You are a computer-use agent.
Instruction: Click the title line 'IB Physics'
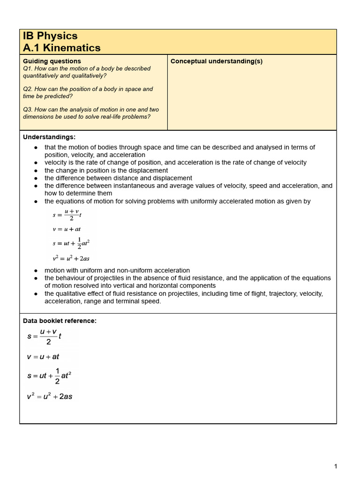pyautogui.click(x=50, y=36)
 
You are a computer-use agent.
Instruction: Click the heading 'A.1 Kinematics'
pyautogui.click(x=61, y=48)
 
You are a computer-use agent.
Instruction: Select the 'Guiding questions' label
pyautogui.click(x=52, y=61)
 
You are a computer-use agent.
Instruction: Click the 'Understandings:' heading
pyautogui.click(x=49, y=137)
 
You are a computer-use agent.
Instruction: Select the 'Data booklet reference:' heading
pyautogui.click(x=60, y=321)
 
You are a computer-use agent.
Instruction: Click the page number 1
pyautogui.click(x=336, y=466)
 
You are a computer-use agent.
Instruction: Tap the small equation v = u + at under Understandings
pyautogui.click(x=67, y=229)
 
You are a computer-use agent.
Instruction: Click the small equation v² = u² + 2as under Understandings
pyautogui.click(x=71, y=258)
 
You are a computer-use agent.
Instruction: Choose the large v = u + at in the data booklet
pyautogui.click(x=43, y=357)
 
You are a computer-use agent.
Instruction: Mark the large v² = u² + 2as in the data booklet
pyautogui.click(x=50, y=397)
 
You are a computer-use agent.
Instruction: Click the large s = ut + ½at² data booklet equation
pyautogui.click(x=49, y=376)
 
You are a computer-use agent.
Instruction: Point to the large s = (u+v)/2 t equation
pyautogui.click(x=45, y=337)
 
